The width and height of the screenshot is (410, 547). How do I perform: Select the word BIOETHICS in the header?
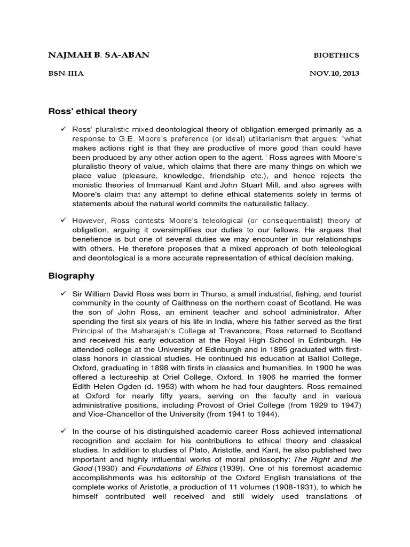[335, 55]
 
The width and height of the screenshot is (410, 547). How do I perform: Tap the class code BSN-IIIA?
[66, 74]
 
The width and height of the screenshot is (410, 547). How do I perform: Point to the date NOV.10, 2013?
[334, 74]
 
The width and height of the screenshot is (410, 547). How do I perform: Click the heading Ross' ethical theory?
[93, 111]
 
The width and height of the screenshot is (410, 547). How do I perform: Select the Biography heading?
[72, 276]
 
